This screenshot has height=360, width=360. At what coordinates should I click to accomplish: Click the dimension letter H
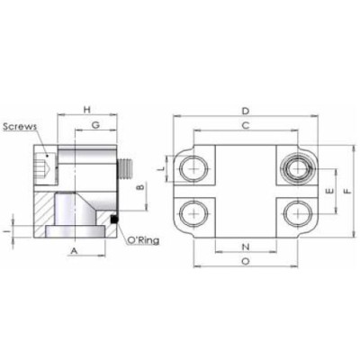86,109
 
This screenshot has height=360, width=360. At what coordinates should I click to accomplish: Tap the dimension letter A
76,253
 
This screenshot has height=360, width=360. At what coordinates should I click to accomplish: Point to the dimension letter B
139,190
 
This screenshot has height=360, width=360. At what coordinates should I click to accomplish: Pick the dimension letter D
245,111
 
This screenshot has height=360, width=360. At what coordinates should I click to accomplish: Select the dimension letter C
245,128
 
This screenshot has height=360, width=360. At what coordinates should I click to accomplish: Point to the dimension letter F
348,191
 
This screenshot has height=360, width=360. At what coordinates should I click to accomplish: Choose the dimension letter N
246,246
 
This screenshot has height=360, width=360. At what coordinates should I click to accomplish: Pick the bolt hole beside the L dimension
193,167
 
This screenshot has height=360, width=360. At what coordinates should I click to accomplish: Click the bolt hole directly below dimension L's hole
193,213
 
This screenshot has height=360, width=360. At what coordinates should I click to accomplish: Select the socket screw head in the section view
40,166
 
